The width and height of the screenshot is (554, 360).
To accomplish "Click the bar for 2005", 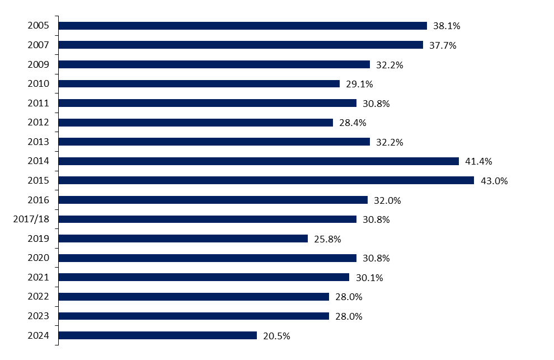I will [x=242, y=26].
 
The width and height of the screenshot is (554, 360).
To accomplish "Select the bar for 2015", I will [x=266, y=180].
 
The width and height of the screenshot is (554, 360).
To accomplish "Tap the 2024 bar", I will [x=157, y=335].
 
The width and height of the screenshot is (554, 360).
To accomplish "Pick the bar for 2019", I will [x=183, y=239].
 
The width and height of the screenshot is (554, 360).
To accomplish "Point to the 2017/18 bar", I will [x=207, y=219].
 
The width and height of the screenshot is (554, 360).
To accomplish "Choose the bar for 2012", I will [x=195, y=123].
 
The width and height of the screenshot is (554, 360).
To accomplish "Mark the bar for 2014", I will [x=259, y=161].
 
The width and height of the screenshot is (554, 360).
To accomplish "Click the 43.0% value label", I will [x=494, y=181].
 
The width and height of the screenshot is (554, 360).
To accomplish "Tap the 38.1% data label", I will [x=447, y=26].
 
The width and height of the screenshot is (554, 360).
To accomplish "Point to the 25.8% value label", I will [x=327, y=239].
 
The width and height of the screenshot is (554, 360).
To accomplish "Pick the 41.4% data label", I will [x=478, y=162].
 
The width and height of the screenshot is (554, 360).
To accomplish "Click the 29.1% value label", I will [x=359, y=84].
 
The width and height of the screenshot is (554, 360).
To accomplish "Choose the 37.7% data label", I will [x=443, y=45].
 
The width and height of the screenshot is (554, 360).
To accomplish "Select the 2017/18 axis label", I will [x=31, y=219].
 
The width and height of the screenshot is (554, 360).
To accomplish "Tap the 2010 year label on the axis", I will [x=39, y=84].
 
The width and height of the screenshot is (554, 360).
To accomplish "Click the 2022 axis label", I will [x=39, y=297].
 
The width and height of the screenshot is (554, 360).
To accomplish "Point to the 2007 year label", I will [x=39, y=45].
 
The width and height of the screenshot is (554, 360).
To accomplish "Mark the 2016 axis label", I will [x=39, y=200].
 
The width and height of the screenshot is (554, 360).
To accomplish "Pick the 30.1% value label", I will [x=369, y=278].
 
